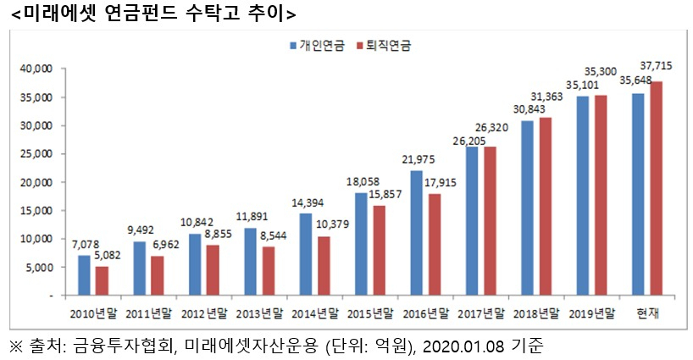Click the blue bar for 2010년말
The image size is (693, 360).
point(84,274)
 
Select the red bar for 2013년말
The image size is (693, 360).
point(269,271)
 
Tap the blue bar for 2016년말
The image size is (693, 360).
point(416,233)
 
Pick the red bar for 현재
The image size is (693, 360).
point(657,188)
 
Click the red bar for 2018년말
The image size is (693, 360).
point(546,207)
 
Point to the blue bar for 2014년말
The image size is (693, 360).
point(305,254)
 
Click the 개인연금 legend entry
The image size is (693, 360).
point(318,46)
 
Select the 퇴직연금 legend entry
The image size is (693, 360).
point(384,46)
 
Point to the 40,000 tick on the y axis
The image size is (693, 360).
point(36,69)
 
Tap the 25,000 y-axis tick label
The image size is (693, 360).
point(36,153)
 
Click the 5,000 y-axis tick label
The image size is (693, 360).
point(39,267)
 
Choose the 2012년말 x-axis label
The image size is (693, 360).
point(204,313)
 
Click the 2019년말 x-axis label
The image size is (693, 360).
point(592,313)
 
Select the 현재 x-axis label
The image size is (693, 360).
point(647,313)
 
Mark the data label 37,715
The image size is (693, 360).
point(657,66)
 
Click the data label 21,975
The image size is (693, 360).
point(419,159)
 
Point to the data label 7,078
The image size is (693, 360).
point(86,245)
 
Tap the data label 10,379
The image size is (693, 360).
point(332,224)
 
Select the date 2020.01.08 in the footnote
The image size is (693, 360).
point(463,346)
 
